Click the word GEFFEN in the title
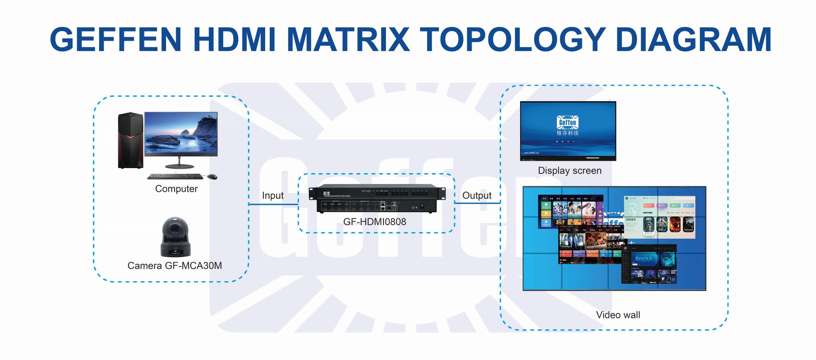(115, 40)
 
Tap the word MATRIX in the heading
(348, 40)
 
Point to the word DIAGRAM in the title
(693, 40)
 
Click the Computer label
(176, 189)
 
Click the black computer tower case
(131, 140)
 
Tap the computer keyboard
(175, 177)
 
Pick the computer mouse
(212, 177)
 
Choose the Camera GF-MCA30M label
(175, 266)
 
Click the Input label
(273, 196)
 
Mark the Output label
(477, 196)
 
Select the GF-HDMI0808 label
(375, 222)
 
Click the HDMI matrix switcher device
(377, 199)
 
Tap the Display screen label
(570, 171)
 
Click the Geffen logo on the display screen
(568, 122)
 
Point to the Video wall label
(618, 315)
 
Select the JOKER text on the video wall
(630, 220)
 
